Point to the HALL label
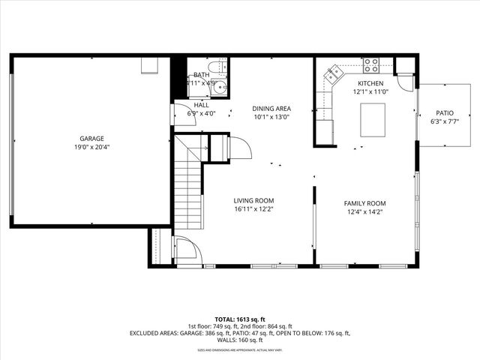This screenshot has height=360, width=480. click(x=201, y=105)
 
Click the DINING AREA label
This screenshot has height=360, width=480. click(x=271, y=108)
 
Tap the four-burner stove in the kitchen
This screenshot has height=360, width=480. click(x=370, y=64)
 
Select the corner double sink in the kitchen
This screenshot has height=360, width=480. click(x=332, y=73)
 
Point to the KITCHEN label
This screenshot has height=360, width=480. click(x=370, y=83)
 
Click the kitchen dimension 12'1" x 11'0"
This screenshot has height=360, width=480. click(x=370, y=92)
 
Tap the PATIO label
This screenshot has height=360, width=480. click(x=445, y=112)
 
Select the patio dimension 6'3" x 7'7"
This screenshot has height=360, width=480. click(x=445, y=121)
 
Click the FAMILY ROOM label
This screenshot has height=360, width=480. click(x=364, y=203)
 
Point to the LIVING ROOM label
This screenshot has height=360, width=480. click(x=253, y=200)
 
